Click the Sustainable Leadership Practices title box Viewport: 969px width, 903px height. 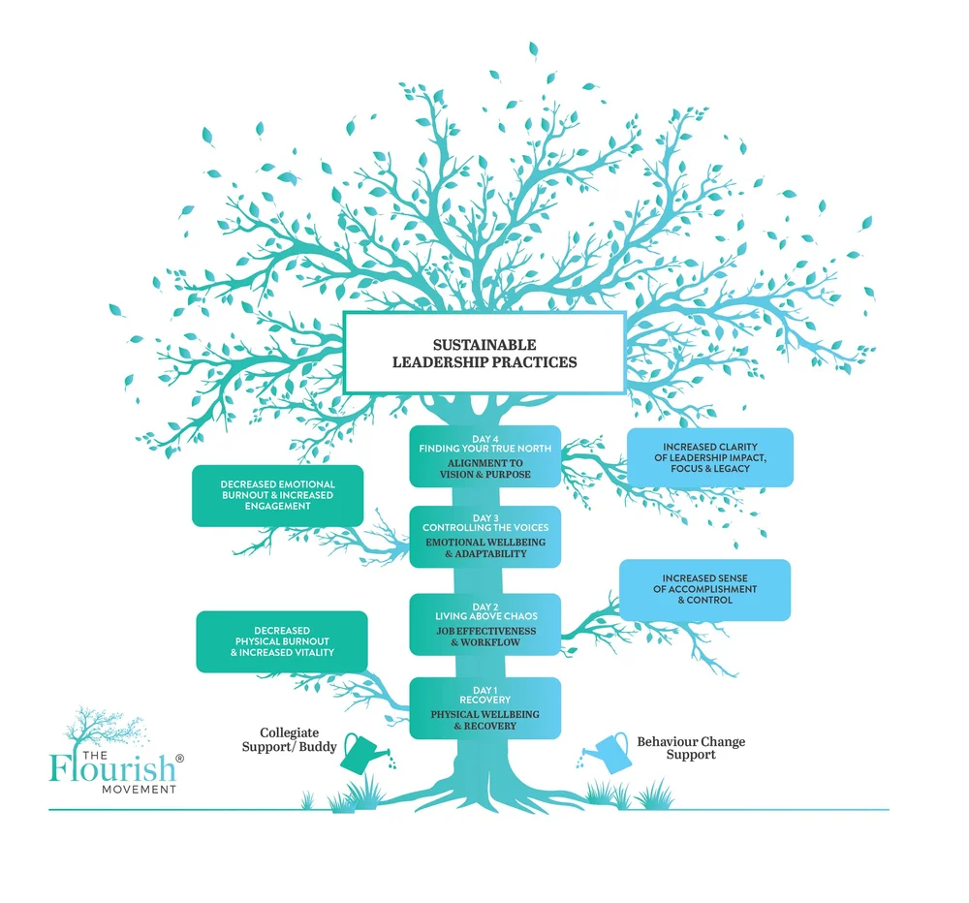click(484, 353)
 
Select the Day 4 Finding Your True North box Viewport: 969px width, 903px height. click(484, 455)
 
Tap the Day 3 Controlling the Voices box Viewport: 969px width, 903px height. click(484, 536)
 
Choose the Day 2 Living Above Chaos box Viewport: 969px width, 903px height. click(484, 624)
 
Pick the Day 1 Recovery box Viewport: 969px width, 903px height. click(484, 708)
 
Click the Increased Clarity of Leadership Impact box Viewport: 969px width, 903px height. click(709, 455)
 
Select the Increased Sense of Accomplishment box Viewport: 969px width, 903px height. click(703, 589)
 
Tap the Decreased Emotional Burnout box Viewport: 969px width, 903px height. click(277, 495)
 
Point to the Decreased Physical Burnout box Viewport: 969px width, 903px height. click(282, 641)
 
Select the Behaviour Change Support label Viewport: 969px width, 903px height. click(690, 748)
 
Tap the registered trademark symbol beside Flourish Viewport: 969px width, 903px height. click(179, 757)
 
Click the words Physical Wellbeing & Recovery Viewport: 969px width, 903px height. click(484, 720)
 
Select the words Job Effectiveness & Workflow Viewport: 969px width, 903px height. click(484, 637)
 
